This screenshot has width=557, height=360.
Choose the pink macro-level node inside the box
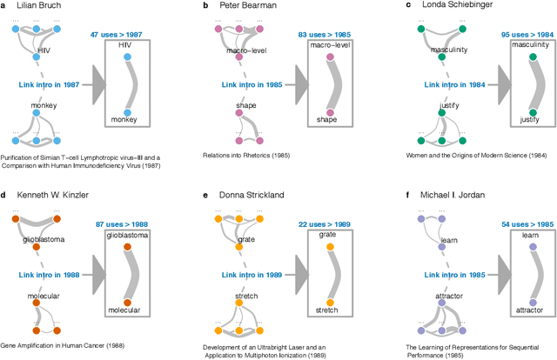[330, 59]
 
